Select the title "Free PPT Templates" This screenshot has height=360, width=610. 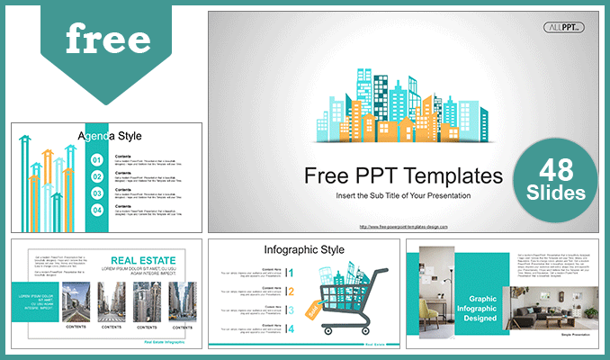(x=402, y=175)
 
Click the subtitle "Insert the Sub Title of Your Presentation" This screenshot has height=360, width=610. (x=402, y=195)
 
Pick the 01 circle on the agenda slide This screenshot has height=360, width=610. (x=97, y=159)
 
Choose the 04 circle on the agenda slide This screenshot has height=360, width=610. (x=97, y=210)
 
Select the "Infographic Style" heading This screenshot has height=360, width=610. (x=304, y=248)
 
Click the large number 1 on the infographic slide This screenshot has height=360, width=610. (x=291, y=272)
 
